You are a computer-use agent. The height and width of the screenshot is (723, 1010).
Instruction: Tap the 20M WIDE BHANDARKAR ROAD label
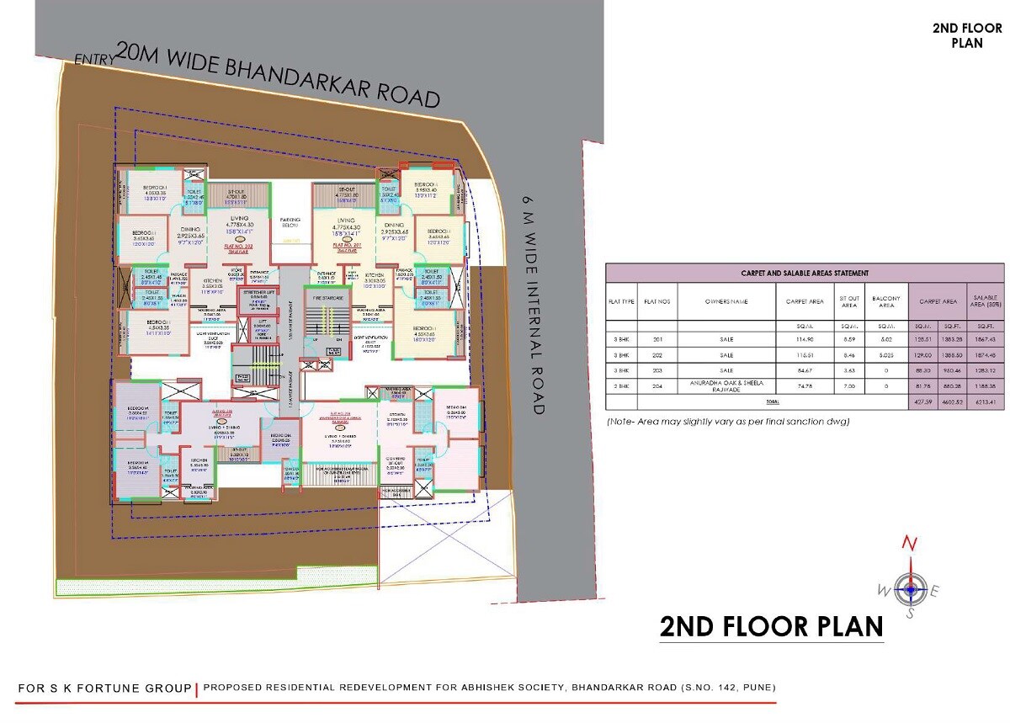point(278,76)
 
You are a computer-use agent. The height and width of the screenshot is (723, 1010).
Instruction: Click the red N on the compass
point(908,544)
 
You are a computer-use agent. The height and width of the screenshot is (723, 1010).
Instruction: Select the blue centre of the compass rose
point(909,588)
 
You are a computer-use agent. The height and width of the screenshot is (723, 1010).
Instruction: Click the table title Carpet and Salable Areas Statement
point(804,273)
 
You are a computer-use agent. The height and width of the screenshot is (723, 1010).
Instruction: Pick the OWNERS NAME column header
point(726,300)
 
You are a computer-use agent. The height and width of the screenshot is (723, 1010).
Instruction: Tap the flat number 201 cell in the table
point(657,339)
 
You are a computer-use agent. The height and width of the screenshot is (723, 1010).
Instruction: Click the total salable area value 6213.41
point(987,403)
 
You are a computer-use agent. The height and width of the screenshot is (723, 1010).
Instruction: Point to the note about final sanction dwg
point(728,421)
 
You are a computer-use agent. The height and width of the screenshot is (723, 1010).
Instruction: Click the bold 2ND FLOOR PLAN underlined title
point(771,627)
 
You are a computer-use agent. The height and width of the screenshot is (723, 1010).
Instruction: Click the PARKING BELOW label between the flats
point(291,221)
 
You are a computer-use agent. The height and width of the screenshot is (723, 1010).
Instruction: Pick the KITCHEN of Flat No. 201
point(375,279)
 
